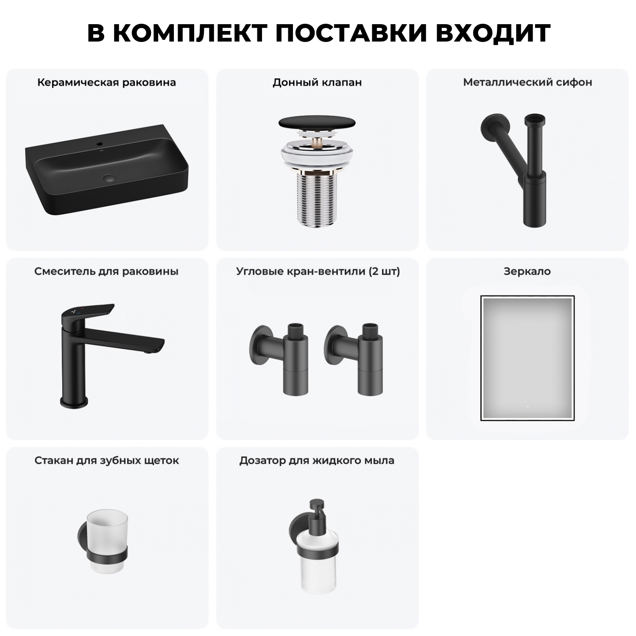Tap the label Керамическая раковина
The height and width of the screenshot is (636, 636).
tap(106, 82)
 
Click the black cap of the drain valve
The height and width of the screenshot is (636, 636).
tap(317, 123)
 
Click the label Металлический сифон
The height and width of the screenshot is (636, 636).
tap(527, 82)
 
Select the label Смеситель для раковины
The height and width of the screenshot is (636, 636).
tap(106, 271)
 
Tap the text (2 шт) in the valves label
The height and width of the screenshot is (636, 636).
tap(384, 271)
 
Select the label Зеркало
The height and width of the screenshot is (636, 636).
tap(527, 271)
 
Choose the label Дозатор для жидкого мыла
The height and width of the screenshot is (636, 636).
tap(317, 460)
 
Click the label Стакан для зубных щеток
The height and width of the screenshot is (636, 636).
tap(107, 460)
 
